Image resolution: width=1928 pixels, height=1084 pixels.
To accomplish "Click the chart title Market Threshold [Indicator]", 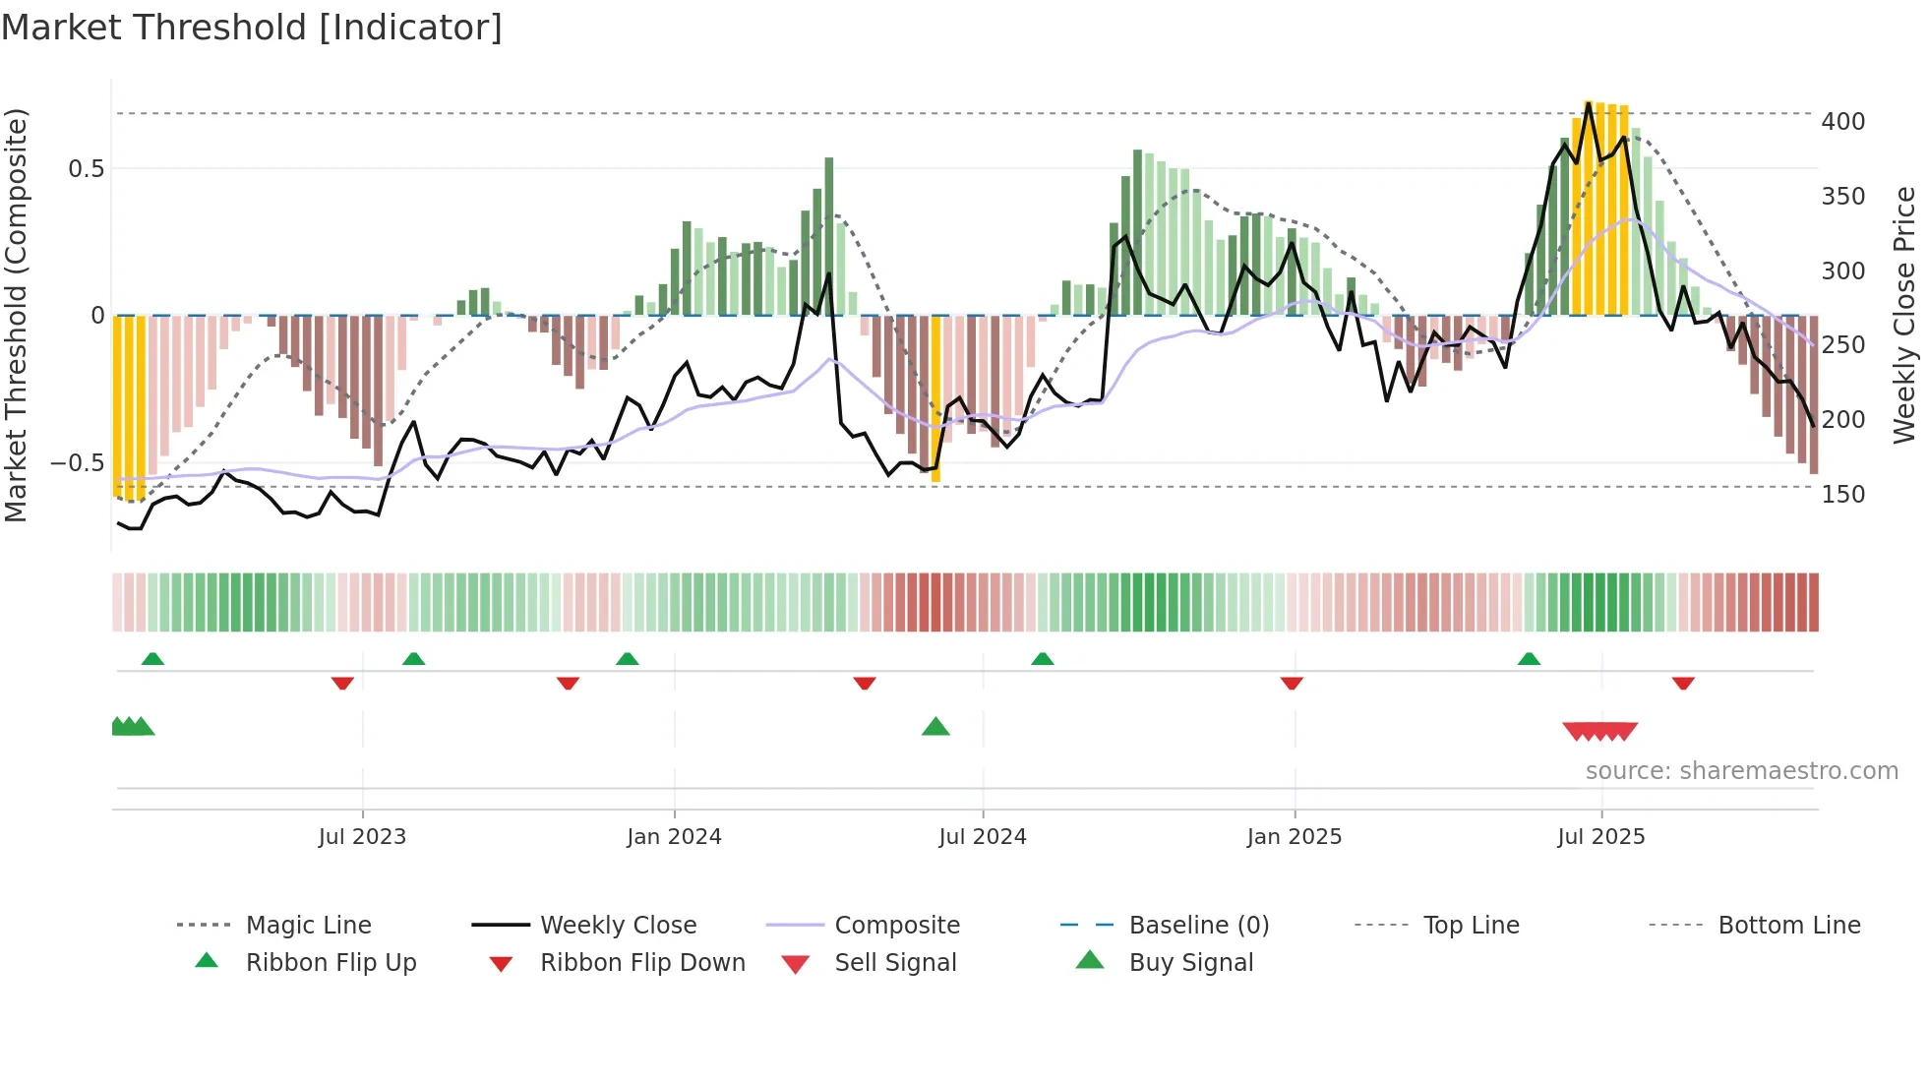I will (x=252, y=28).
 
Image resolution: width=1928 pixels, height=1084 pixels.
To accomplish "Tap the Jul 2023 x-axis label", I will (x=362, y=837).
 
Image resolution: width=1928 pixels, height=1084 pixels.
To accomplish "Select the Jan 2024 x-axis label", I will (x=674, y=837).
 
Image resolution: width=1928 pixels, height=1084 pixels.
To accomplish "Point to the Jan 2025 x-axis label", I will (x=1294, y=837).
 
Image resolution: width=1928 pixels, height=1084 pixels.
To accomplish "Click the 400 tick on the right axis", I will (x=1842, y=122).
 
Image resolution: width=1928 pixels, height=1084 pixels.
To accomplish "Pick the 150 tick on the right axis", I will (x=1842, y=495).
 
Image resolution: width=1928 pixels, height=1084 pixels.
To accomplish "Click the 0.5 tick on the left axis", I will (x=86, y=169).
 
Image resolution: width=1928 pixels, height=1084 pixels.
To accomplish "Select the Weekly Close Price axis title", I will (x=1904, y=315).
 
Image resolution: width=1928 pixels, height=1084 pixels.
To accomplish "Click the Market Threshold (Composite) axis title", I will (x=16, y=315).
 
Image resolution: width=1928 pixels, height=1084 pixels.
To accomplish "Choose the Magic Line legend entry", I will (x=308, y=926).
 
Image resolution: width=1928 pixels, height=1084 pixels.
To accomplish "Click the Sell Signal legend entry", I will (x=895, y=963).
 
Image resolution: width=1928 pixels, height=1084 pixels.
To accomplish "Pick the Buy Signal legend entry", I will (x=1190, y=963).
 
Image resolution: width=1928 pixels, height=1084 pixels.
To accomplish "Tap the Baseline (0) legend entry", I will (x=1198, y=926).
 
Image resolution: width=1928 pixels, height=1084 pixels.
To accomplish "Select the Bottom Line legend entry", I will (x=1788, y=926).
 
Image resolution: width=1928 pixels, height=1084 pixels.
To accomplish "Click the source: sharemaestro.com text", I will (x=1741, y=771).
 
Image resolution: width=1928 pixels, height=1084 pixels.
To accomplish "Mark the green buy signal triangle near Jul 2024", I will (x=935, y=727).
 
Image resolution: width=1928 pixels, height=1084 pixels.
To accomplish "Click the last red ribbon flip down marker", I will (x=1683, y=683).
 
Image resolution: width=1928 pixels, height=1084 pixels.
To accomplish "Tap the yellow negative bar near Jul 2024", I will (x=935, y=398).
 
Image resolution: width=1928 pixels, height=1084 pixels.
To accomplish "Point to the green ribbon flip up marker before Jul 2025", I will (x=1529, y=659).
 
